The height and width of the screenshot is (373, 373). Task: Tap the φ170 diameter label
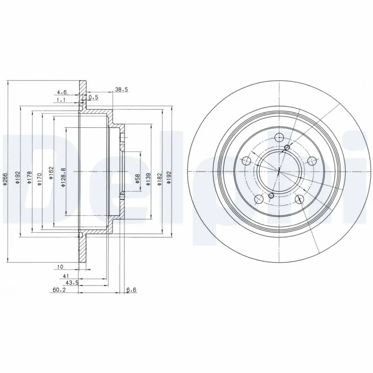click(x=40, y=178)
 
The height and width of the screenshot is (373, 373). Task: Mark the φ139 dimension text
click(x=148, y=180)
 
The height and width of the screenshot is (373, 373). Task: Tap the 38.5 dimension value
click(x=121, y=89)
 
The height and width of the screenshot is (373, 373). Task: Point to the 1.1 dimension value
click(x=61, y=100)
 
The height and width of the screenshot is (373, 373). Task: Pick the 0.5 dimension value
click(x=93, y=97)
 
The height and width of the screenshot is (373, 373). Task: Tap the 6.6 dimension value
click(x=131, y=290)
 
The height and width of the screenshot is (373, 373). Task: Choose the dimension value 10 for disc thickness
click(x=60, y=267)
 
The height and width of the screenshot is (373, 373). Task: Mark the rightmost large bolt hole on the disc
click(x=311, y=161)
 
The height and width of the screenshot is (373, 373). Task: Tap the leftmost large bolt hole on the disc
click(x=247, y=161)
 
